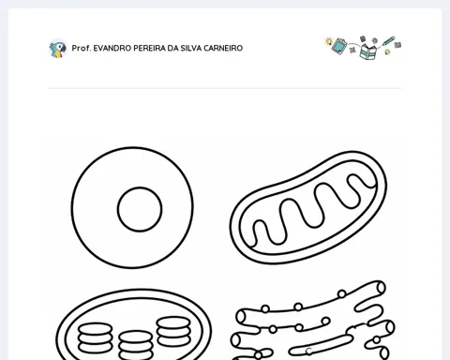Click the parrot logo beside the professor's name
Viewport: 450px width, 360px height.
coord(58,49)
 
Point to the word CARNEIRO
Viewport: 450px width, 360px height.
coord(223,48)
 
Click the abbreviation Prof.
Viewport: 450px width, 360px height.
coord(82,48)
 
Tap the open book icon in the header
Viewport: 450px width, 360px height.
coord(368,52)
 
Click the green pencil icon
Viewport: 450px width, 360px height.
coord(388,41)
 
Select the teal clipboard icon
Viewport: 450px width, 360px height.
coord(339,46)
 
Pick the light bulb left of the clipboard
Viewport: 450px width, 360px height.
coord(328,41)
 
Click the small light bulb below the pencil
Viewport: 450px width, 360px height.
coord(387,52)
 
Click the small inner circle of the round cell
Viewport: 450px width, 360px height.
coord(140,209)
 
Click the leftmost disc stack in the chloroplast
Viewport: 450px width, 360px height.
coord(96,338)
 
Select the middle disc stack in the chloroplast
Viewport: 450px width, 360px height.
coord(136,346)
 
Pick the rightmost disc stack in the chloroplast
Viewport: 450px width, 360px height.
coord(173,332)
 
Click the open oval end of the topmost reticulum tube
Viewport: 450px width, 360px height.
coord(381,288)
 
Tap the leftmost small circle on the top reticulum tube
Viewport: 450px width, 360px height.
coord(265,308)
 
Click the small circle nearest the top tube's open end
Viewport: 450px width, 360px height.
coord(342,293)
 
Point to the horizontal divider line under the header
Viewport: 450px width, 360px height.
coord(225,88)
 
